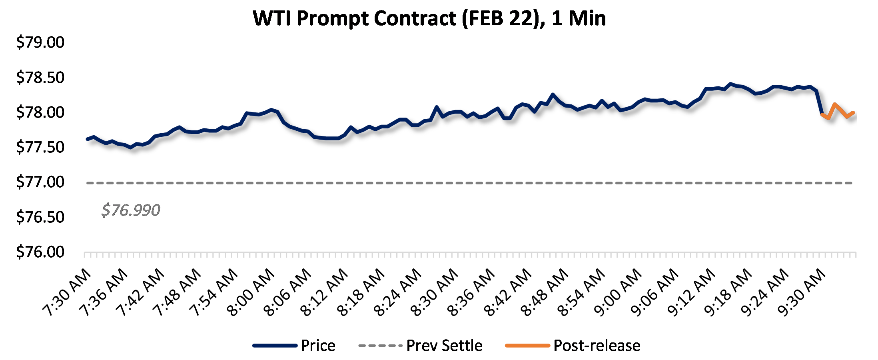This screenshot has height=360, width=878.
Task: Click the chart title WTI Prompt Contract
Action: tap(429, 18)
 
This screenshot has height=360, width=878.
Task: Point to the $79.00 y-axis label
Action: tap(40, 42)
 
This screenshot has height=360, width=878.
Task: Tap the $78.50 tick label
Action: tap(40, 78)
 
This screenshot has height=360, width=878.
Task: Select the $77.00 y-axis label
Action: tap(40, 182)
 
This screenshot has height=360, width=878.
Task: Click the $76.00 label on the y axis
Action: tap(40, 252)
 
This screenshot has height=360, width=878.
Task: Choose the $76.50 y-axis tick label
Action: tap(40, 217)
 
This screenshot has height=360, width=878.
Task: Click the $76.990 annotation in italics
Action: tap(131, 210)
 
